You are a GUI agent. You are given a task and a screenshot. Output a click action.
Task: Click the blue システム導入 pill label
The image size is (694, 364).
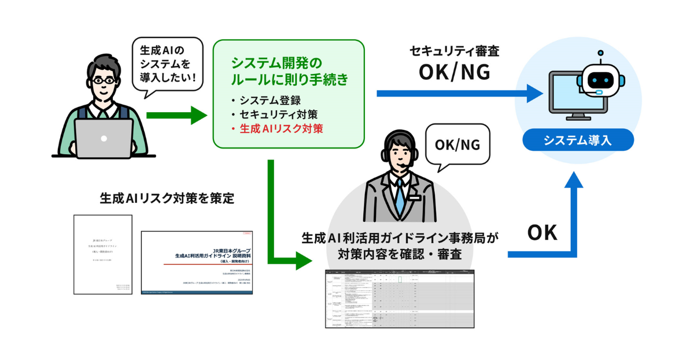pyautogui.click(x=577, y=140)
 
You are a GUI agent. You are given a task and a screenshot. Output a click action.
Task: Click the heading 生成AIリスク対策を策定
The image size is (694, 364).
pyautogui.click(x=167, y=198)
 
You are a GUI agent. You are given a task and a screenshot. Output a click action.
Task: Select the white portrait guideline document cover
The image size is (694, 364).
pyautogui.click(x=103, y=254)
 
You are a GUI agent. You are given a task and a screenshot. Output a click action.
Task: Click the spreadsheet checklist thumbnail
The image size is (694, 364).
pyautogui.click(x=399, y=299)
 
